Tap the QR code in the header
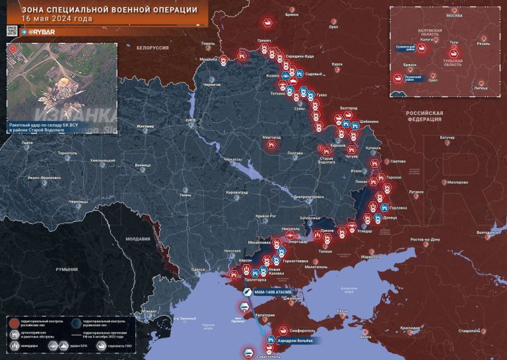[x=11, y=30]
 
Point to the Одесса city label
[x=196, y=270]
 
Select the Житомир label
[x=145, y=126]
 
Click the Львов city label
[x=27, y=143]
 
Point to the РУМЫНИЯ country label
[x=67, y=270]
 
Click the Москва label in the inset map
[x=454, y=15]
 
